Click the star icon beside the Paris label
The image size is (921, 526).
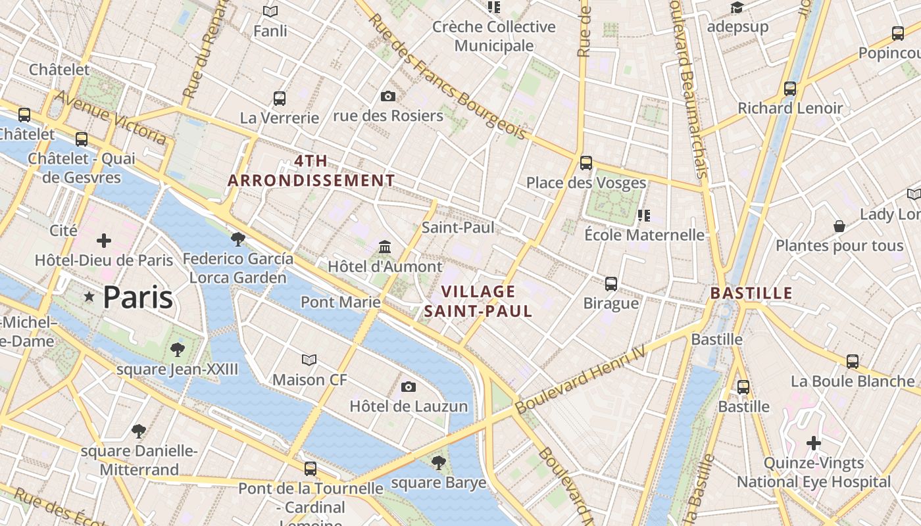pyautogui.click(x=89, y=297)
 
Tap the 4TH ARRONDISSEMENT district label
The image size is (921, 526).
pyautogui.click(x=311, y=171)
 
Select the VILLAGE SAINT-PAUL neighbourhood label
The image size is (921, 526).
pyautogui.click(x=478, y=301)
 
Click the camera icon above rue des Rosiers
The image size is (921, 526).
pyautogui.click(x=388, y=97)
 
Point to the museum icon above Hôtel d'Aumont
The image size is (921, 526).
pyautogui.click(x=385, y=247)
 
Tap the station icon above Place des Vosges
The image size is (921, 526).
pyautogui.click(x=585, y=163)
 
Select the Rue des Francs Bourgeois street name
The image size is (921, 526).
pyautogui.click(x=447, y=76)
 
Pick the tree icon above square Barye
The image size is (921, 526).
pyautogui.click(x=438, y=463)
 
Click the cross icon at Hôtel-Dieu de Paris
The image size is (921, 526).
pyautogui.click(x=104, y=241)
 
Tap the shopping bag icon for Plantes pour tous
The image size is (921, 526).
pyautogui.click(x=839, y=226)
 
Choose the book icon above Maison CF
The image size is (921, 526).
pyautogui.click(x=309, y=360)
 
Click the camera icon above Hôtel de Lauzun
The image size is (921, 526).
pyautogui.click(x=409, y=387)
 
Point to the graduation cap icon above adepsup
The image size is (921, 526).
pyautogui.click(x=737, y=8)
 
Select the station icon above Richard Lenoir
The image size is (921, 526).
pyautogui.click(x=790, y=88)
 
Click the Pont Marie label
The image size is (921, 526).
pyautogui.click(x=340, y=302)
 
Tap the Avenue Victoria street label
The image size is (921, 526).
pyautogui.click(x=110, y=118)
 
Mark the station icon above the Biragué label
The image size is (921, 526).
pyautogui.click(x=611, y=284)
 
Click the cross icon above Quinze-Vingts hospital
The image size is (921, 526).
pyautogui.click(x=814, y=443)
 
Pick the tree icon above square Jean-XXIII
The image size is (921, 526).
pyautogui.click(x=177, y=349)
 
